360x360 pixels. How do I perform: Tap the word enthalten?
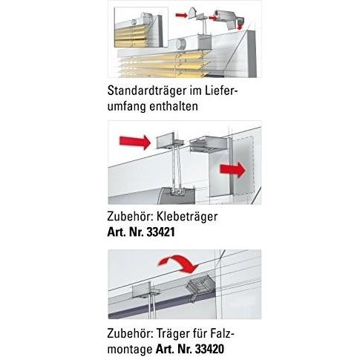(x=174, y=106)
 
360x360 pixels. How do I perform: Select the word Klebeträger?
(x=187, y=217)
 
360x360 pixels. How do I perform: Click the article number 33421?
(x=161, y=232)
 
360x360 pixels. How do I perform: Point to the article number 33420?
(x=210, y=349)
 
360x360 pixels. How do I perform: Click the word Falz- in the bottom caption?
(x=222, y=333)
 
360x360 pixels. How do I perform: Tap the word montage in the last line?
(x=130, y=350)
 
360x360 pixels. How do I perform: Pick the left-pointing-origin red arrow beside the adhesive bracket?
(x=135, y=142)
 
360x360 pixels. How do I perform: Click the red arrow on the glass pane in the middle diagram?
(x=233, y=170)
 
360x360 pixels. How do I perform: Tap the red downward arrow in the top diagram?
(x=240, y=26)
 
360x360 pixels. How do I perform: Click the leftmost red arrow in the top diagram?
(x=181, y=16)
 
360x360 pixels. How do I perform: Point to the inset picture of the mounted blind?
(x=141, y=27)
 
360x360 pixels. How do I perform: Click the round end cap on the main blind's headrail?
(x=180, y=45)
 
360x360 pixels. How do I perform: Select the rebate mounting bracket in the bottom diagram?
(x=199, y=288)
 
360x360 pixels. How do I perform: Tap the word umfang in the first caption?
(x=127, y=107)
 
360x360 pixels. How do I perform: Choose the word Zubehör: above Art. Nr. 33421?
(x=131, y=217)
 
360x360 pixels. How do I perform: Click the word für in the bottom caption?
(x=200, y=333)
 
